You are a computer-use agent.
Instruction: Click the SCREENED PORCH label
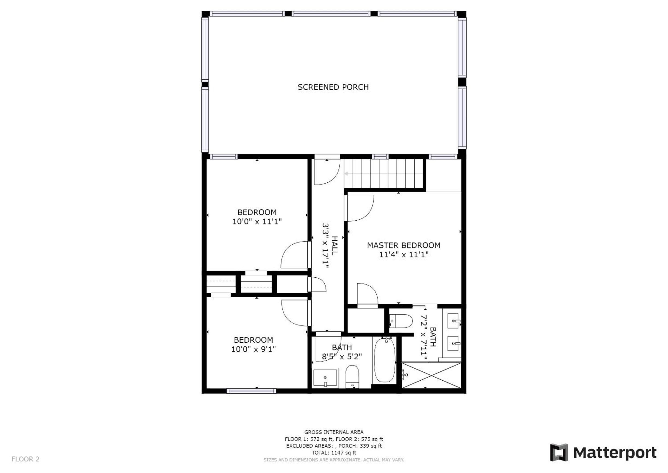point(333,87)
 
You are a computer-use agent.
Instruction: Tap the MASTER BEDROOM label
point(404,245)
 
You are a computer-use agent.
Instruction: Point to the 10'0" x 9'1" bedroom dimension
point(253,349)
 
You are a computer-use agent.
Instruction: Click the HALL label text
point(335,246)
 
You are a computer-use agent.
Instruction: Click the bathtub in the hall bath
point(384,360)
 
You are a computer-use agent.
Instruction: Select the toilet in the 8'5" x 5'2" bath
point(352,377)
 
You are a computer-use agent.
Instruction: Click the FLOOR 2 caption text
point(25,459)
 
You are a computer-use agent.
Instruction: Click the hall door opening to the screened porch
point(327,172)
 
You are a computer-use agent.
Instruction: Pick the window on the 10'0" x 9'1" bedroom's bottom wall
point(251,391)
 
